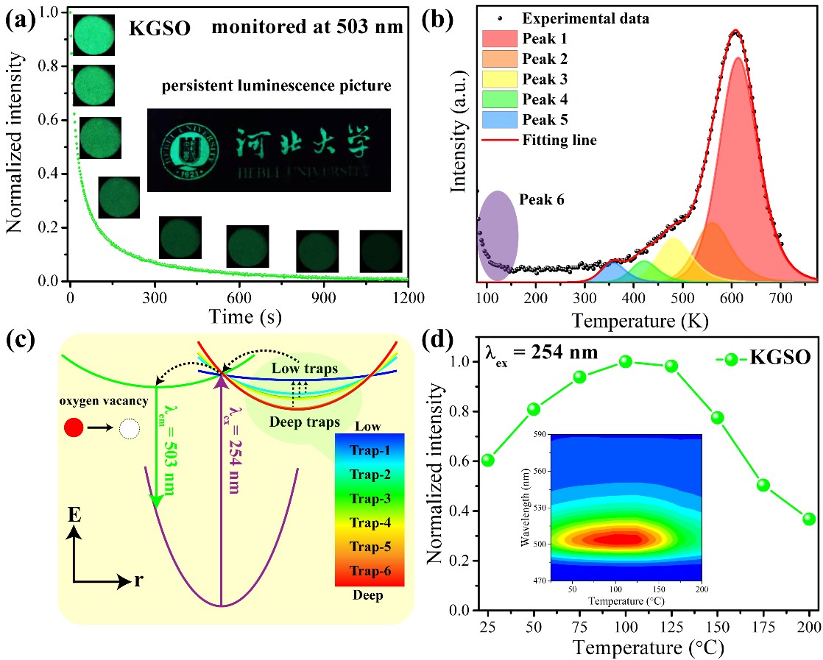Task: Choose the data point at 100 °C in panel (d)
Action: point(626,361)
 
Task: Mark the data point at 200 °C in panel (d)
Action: point(809,519)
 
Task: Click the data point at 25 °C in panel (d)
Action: point(487,461)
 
